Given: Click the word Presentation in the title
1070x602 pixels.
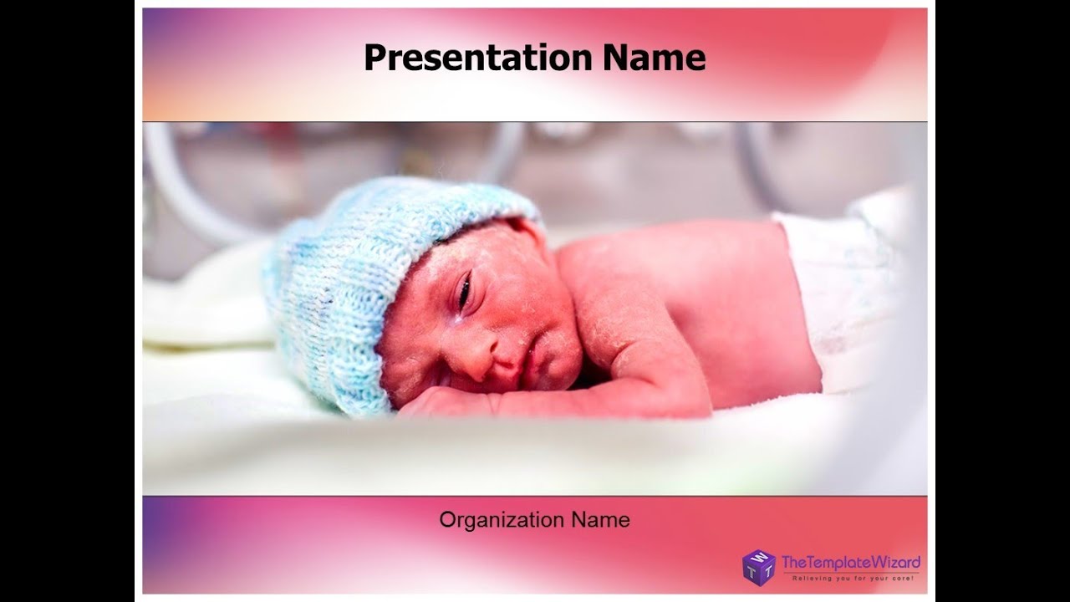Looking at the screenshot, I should (477, 58).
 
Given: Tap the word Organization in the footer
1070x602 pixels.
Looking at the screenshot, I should (502, 520).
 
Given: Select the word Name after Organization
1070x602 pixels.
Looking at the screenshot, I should (600, 520).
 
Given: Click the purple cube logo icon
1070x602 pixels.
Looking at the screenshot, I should (758, 567).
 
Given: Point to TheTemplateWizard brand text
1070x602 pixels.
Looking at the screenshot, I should (850, 561).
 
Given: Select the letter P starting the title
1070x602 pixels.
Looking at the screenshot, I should (375, 58).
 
